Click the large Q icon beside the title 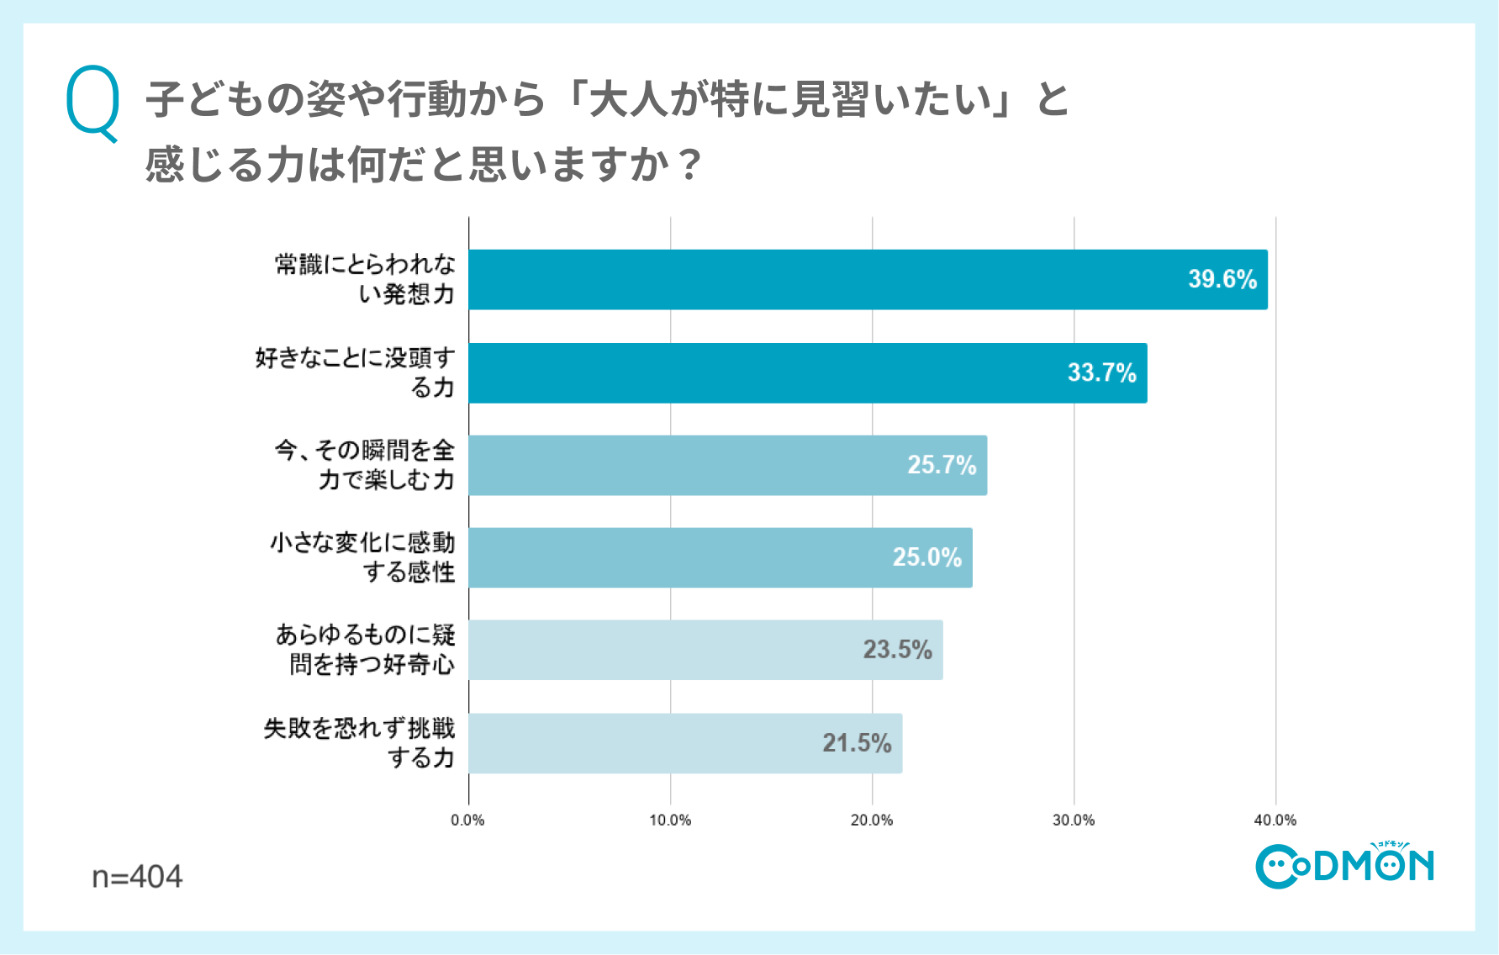coord(92,103)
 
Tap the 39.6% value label coord(1222,279)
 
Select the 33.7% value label coord(1101,372)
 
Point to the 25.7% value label coord(942,465)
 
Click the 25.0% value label coord(926,557)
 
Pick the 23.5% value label coord(897,650)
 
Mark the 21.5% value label coord(857,743)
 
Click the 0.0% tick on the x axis coord(467,820)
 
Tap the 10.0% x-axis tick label coord(670,820)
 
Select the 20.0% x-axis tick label coord(872,820)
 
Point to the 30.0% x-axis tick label coord(1074,820)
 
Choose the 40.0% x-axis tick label coord(1275,820)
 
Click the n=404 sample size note coord(137,877)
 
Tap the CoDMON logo coord(1344,865)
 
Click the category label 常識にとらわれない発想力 coord(365,279)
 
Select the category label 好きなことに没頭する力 coord(355,372)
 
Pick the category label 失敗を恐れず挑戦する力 coord(359,743)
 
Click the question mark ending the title coord(690,165)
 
